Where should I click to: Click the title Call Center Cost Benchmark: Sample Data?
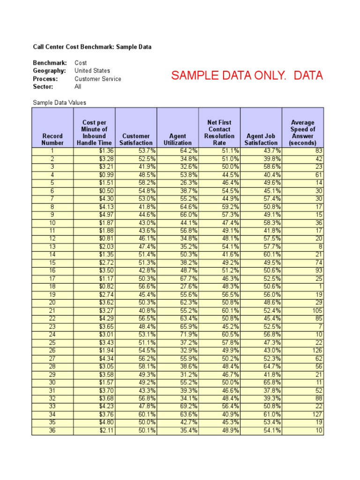(x=92, y=47)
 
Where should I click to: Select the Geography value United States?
(x=92, y=71)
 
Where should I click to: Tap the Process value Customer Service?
(x=97, y=79)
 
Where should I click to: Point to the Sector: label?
(x=43, y=87)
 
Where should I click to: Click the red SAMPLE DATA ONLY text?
(x=247, y=76)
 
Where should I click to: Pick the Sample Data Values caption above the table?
(x=60, y=103)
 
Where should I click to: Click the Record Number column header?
(x=52, y=139)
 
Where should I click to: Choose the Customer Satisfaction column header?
(x=136, y=139)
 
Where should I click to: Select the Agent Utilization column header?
(x=178, y=139)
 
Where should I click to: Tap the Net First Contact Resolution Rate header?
(x=219, y=133)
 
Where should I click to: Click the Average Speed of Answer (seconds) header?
(x=303, y=133)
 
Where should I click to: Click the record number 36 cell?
(x=52, y=431)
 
